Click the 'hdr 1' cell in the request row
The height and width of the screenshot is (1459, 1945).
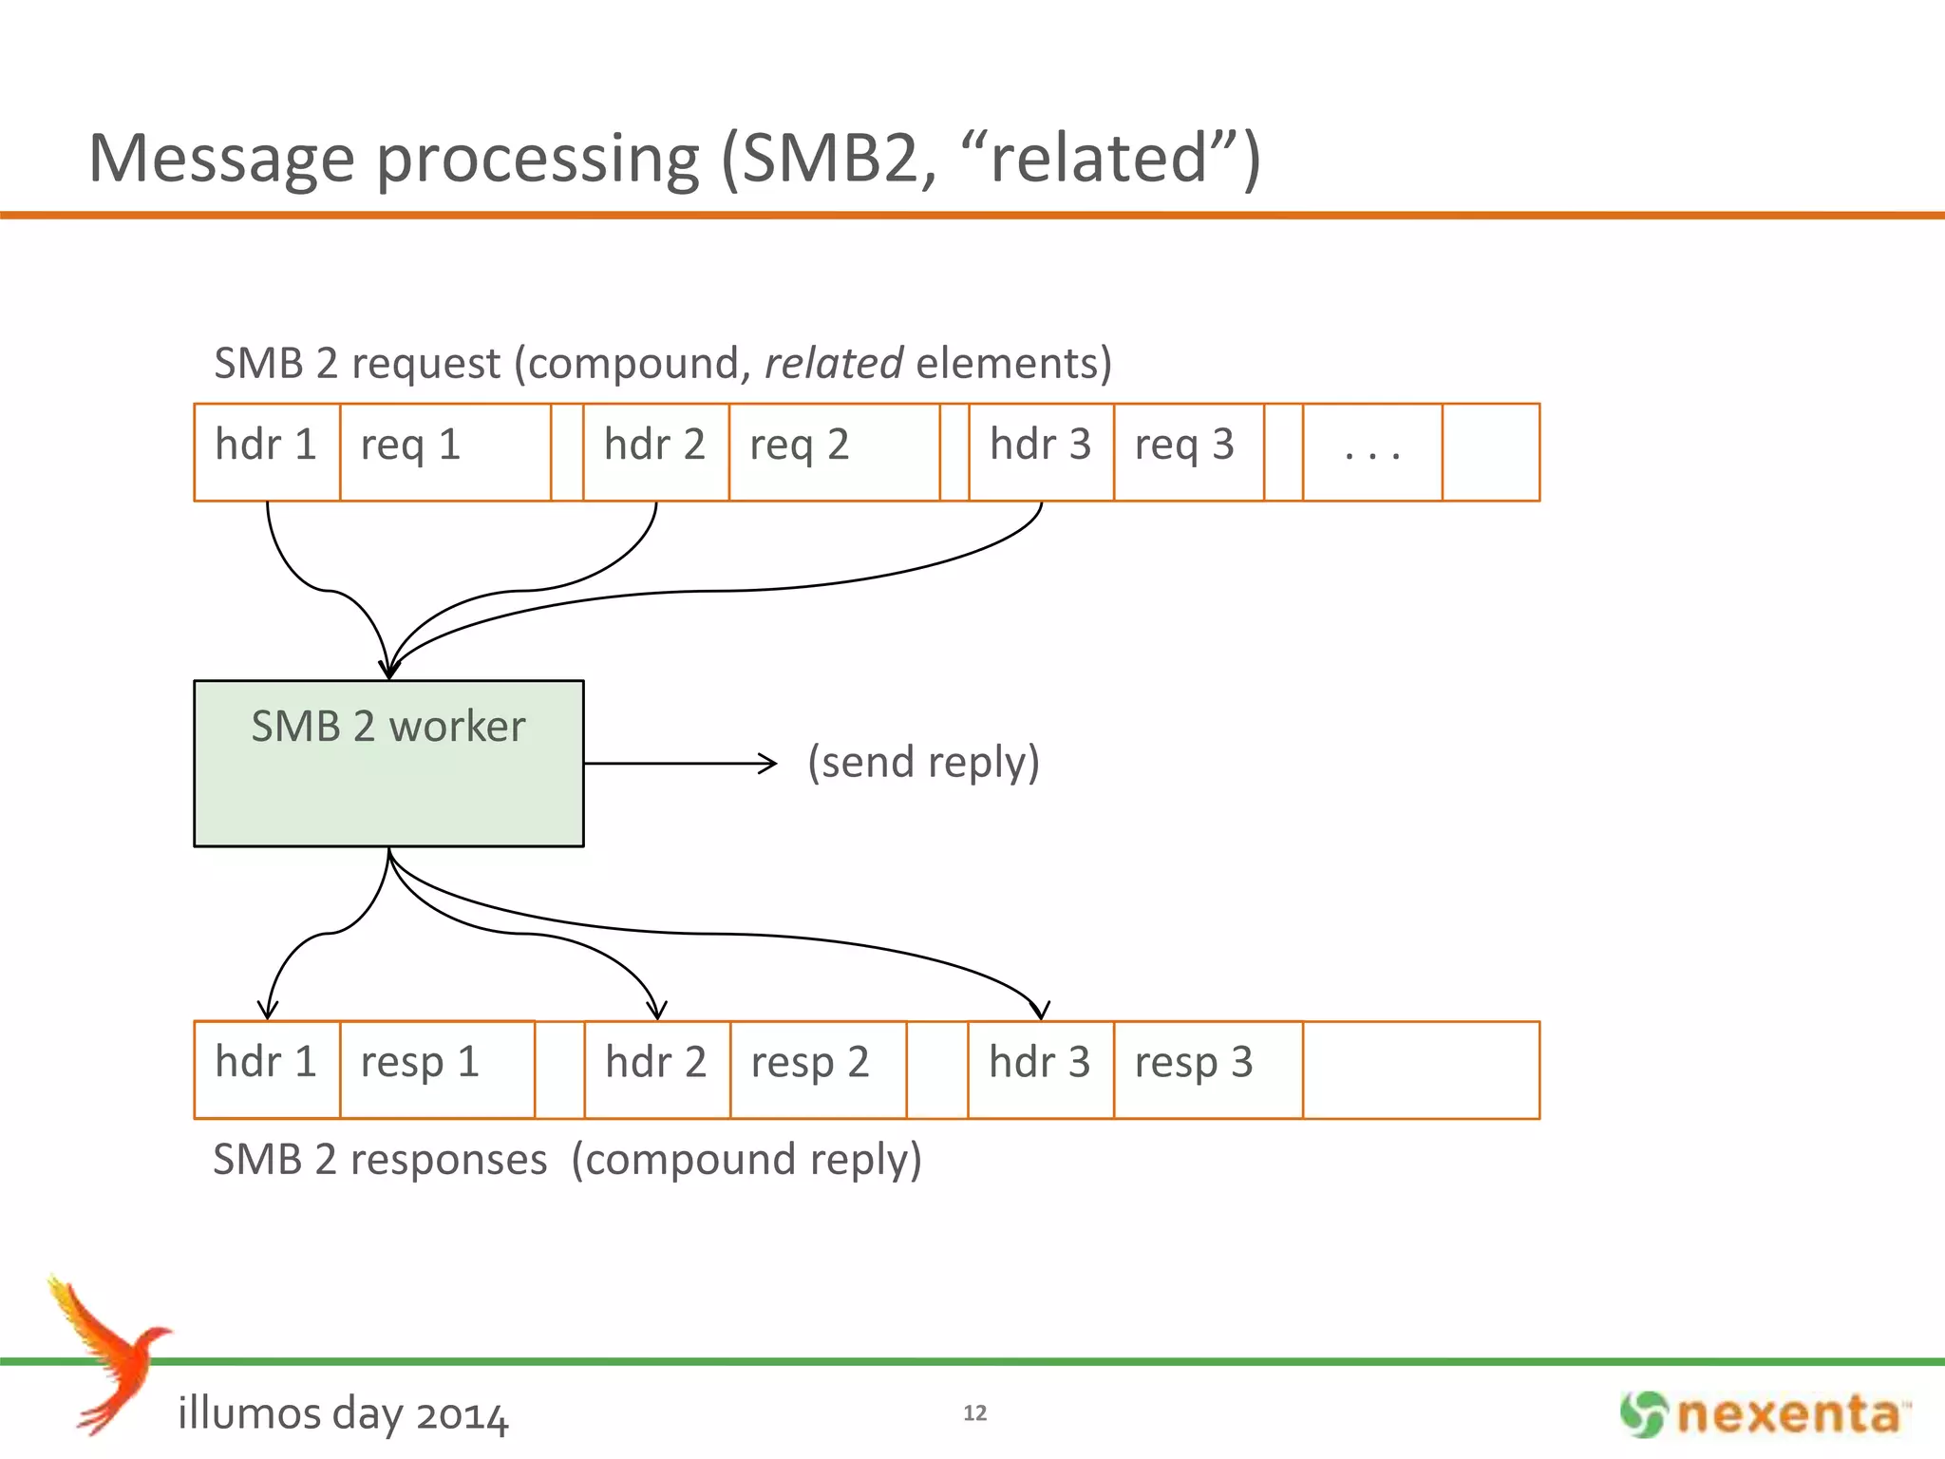click(x=267, y=451)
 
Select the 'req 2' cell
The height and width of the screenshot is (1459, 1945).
click(x=834, y=451)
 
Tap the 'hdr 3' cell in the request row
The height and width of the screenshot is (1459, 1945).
click(x=1041, y=451)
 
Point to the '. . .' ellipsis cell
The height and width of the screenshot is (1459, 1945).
click(x=1372, y=451)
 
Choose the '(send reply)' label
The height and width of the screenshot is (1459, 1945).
click(x=923, y=763)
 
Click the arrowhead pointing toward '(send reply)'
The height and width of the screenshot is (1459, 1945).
click(x=768, y=763)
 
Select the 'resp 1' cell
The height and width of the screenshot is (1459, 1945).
click(x=437, y=1069)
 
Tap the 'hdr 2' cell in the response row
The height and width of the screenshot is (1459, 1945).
click(x=657, y=1069)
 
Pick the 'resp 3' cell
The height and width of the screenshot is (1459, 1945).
click(x=1207, y=1069)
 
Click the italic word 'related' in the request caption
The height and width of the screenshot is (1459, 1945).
click(x=833, y=364)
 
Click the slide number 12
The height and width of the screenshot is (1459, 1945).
click(x=974, y=1412)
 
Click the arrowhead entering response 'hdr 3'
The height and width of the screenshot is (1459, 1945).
click(x=1040, y=1010)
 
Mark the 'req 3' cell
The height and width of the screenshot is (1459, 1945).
click(x=1188, y=451)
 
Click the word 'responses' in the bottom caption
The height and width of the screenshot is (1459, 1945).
click(x=448, y=1160)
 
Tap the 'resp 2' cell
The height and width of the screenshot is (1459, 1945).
click(x=818, y=1069)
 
